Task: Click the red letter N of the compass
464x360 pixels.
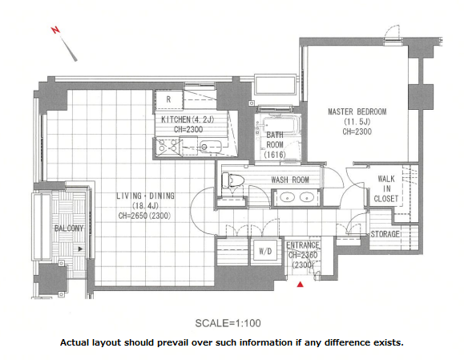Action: pos(55,30)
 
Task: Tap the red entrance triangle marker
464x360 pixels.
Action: pos(301,285)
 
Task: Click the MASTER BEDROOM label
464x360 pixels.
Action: pos(357,111)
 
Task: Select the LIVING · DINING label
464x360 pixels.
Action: pos(145,196)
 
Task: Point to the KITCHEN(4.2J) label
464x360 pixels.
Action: pos(188,119)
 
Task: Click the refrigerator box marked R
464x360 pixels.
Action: pos(168,99)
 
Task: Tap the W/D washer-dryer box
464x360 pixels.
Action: pos(265,251)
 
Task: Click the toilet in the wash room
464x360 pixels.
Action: pos(232,180)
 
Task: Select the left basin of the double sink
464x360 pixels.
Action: pos(287,197)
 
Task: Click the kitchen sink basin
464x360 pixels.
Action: pos(211,146)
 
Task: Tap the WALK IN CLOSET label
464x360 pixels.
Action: pos(386,188)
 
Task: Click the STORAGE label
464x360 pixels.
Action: pos(385,234)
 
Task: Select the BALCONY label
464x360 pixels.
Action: pos(69,229)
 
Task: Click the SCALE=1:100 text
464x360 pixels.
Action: pos(228,323)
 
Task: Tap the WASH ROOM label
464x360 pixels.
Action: pos(290,180)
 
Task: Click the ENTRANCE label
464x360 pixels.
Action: pos(303,245)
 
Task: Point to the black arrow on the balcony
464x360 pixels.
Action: pos(80,249)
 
